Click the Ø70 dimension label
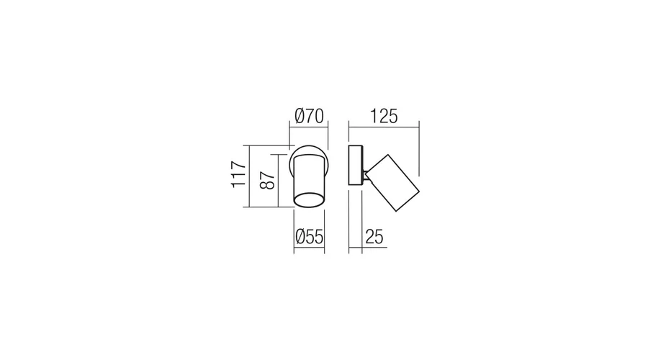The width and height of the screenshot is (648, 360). (x=309, y=116)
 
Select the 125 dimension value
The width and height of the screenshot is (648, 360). (x=384, y=117)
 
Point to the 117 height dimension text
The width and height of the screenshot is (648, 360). (x=238, y=174)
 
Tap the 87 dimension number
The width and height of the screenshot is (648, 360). (x=267, y=180)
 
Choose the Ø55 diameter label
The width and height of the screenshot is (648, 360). (x=310, y=237)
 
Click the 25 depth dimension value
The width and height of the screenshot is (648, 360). (x=374, y=237)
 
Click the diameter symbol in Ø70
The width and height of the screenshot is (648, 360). (x=300, y=116)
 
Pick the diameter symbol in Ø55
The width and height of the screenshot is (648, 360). (x=300, y=237)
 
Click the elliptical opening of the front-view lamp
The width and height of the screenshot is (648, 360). (x=309, y=199)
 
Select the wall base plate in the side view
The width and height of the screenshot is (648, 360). (x=356, y=165)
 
